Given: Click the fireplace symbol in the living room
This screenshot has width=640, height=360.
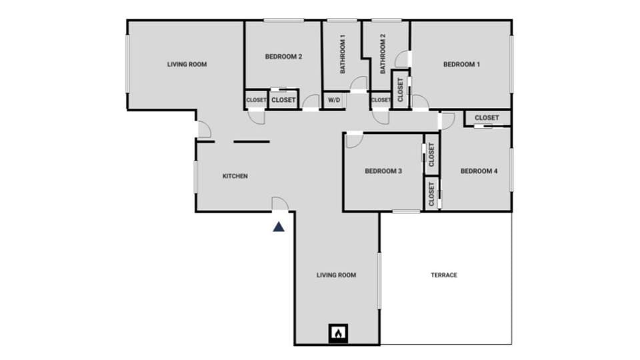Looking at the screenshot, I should (339, 332).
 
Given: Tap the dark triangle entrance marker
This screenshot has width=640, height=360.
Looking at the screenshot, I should (279, 227).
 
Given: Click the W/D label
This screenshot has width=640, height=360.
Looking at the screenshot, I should (333, 100).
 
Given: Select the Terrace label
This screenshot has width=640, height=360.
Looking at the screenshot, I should (444, 275).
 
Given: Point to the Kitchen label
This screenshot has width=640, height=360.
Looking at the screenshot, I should (235, 176).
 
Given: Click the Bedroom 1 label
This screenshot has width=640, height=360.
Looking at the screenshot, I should (461, 65).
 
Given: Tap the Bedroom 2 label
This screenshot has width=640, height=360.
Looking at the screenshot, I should (283, 57).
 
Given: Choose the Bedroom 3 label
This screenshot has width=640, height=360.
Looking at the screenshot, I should (383, 171).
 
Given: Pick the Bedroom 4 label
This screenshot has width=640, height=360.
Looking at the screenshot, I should (479, 171).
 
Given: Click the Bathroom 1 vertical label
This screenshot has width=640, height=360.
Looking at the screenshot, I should (343, 55).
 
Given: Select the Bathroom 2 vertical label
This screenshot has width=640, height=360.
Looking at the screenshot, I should (383, 55).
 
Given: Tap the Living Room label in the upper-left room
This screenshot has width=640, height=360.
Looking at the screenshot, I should (187, 65).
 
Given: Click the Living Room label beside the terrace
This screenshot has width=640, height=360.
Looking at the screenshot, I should (336, 275).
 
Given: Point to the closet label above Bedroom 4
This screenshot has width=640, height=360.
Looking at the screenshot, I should (487, 118).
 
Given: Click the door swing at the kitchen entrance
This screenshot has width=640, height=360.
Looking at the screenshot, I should (280, 205).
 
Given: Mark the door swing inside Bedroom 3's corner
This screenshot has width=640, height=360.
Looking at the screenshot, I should (353, 140).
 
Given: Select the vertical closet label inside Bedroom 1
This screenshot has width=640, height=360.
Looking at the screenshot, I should (400, 89).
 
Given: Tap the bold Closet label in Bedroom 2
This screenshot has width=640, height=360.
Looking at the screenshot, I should (283, 100).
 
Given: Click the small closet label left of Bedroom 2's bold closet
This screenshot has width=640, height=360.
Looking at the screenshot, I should (257, 100).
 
